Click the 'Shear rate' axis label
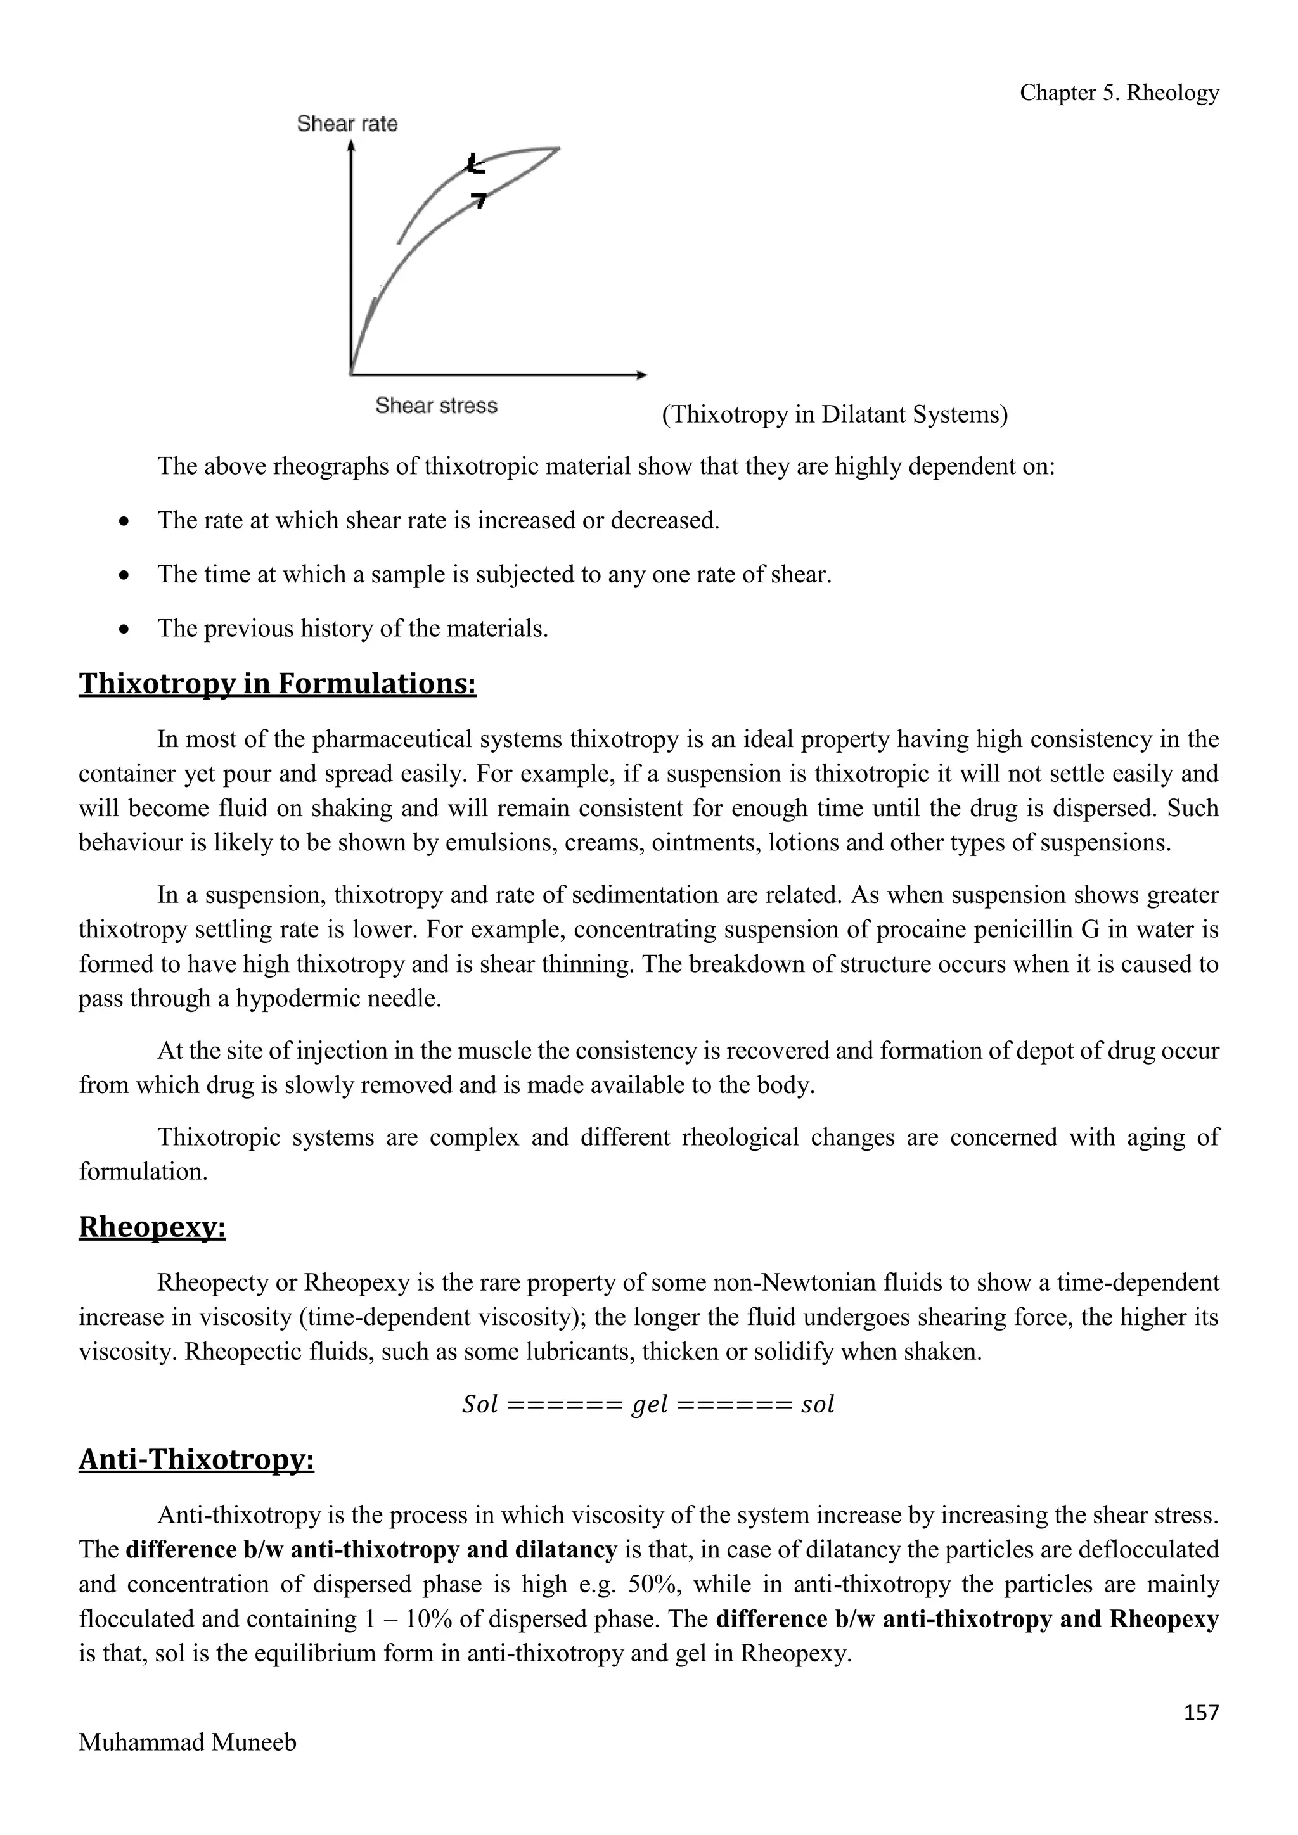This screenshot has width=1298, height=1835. click(347, 124)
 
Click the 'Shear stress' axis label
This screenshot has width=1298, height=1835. click(437, 406)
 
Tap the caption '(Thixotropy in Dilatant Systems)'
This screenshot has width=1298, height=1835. click(835, 415)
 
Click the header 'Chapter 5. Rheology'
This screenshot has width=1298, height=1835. click(1119, 94)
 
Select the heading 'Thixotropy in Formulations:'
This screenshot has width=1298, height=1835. click(278, 684)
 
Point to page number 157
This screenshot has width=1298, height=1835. click(1201, 1713)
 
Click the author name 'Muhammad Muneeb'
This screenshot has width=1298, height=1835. click(187, 1742)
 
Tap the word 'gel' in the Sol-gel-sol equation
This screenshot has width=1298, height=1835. click(649, 1404)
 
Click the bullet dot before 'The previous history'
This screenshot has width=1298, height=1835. click(123, 630)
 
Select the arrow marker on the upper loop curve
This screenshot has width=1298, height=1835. click(475, 165)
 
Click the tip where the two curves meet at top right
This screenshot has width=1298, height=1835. click(557, 149)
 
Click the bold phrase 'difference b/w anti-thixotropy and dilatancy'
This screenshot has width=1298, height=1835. click(371, 1550)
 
